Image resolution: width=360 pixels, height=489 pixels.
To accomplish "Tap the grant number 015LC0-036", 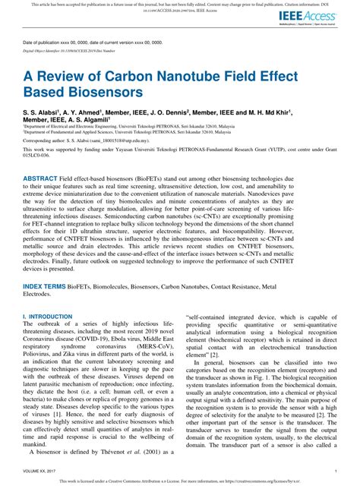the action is pos(38,181).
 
